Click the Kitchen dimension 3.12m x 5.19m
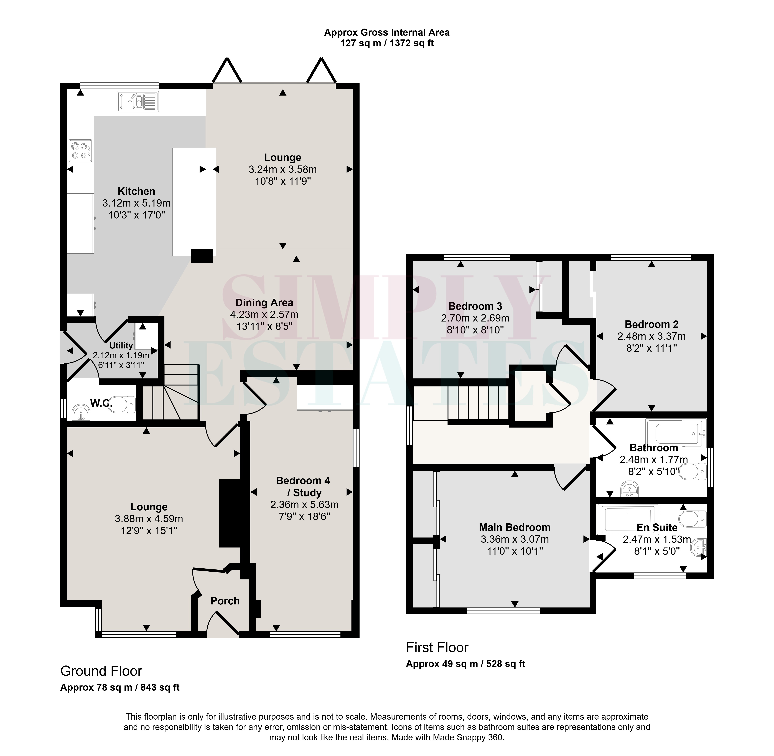click(x=136, y=203)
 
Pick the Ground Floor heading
click(x=101, y=671)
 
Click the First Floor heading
click(x=437, y=648)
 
